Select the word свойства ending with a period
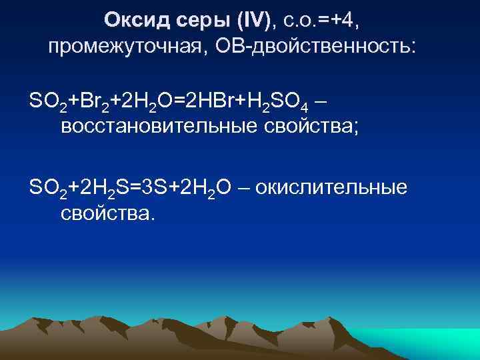coord(107,214)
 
